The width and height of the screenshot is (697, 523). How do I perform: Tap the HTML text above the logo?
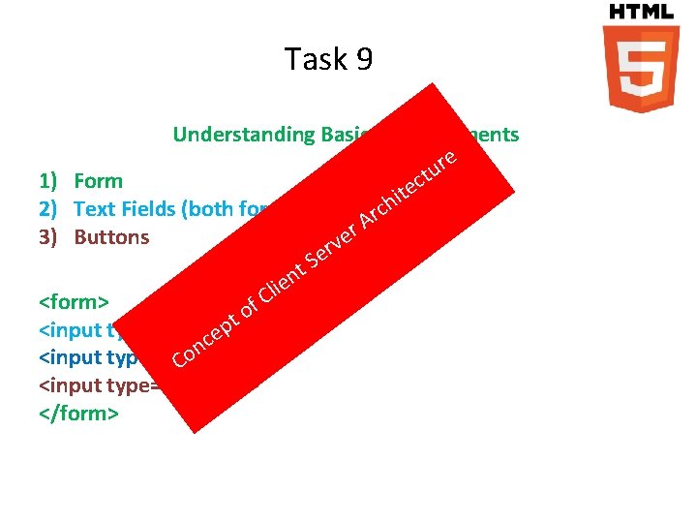point(641,12)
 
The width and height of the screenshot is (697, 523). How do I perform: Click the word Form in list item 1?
point(99,181)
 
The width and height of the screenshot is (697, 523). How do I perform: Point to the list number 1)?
point(52,181)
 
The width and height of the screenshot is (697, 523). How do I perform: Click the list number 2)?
point(52,209)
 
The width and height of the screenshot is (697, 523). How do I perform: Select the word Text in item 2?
point(95,209)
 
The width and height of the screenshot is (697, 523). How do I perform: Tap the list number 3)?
point(52,237)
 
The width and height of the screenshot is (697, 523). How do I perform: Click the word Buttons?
point(112,237)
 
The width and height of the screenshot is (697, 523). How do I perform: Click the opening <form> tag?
point(75,301)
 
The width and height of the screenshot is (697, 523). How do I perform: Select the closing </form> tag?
point(78,414)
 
